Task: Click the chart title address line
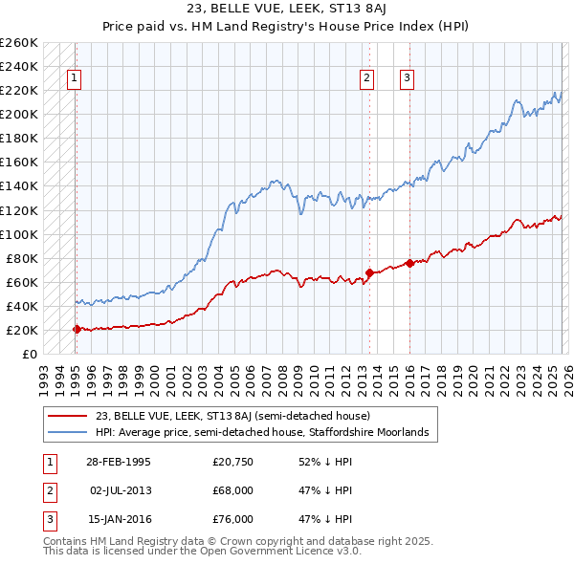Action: pos(286,11)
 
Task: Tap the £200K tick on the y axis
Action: pos(18,114)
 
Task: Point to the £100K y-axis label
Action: pos(18,234)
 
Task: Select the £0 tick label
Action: pos(29,355)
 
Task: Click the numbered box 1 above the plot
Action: pos(75,79)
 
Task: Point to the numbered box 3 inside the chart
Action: pos(408,79)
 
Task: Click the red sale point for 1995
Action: pos(77,329)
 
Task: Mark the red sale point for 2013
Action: pos(368,272)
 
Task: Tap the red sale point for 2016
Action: pos(409,263)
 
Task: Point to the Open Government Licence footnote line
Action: pos(203,552)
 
